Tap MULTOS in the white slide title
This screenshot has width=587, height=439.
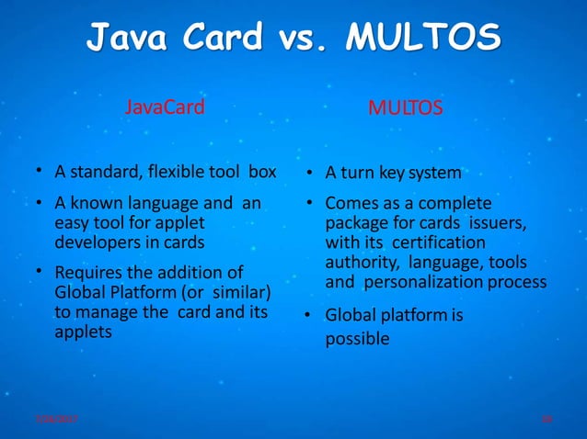[423, 38]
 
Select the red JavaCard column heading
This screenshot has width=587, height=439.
[165, 108]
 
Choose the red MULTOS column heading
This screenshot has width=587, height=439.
[405, 109]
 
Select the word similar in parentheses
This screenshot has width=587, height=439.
[240, 293]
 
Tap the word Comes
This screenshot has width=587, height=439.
[350, 204]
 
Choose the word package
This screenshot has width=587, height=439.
[354, 223]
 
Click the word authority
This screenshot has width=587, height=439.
[357, 263]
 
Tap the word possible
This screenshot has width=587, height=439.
[357, 339]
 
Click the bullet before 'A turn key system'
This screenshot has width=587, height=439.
[311, 173]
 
